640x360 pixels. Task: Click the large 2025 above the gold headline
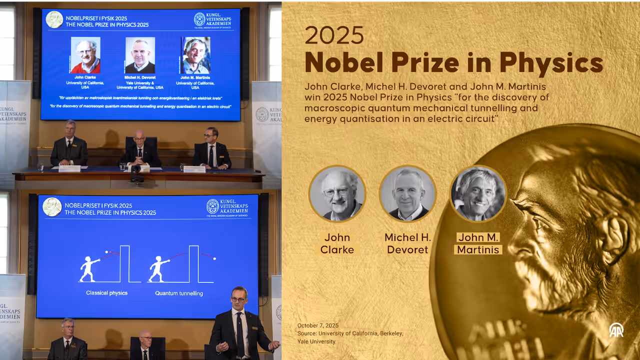[334, 35]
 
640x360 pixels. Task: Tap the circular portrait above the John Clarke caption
[337, 193]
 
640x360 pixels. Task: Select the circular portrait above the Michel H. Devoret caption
[407, 193]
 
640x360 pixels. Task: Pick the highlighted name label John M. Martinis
[478, 243]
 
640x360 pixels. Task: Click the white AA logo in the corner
[616, 330]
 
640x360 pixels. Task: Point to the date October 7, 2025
[318, 325]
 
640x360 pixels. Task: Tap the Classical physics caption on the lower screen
[106, 292]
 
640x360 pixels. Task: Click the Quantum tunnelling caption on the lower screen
[178, 293]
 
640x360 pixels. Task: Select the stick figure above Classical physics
[89, 269]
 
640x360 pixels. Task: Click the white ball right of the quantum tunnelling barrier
[214, 258]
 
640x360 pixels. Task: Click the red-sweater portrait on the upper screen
[85, 55]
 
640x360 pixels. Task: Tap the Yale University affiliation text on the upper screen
[139, 82]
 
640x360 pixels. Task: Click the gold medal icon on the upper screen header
[54, 19]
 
